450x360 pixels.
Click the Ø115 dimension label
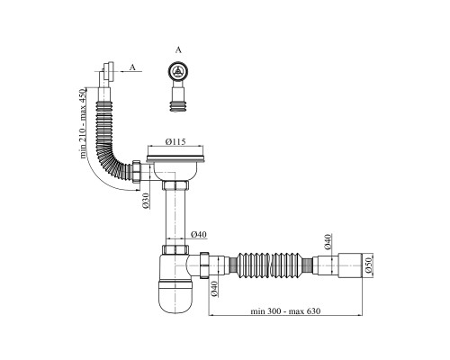click(175, 141)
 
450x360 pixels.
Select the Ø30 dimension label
click(146, 201)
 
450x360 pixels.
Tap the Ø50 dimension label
click(369, 265)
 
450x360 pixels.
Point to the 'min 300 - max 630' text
click(285, 311)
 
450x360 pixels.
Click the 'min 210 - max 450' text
click(83, 123)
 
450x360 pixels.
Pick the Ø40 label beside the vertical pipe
click(199, 234)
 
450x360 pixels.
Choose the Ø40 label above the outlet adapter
click(328, 242)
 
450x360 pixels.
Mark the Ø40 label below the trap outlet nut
click(214, 289)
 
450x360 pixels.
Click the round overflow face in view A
click(178, 71)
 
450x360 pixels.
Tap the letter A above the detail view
click(178, 50)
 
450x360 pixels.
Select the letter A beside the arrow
click(132, 67)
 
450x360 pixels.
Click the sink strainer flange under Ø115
click(175, 157)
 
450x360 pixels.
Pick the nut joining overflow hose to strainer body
click(137, 171)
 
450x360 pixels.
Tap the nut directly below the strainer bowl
click(175, 185)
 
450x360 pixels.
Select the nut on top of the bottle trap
click(175, 249)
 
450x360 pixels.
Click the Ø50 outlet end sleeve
click(350, 265)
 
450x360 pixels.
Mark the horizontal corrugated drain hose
click(269, 265)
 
